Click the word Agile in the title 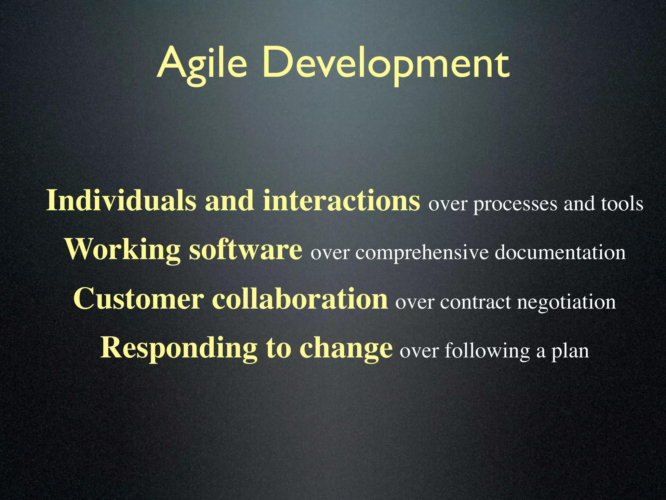tap(202, 63)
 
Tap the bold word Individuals tap(121, 201)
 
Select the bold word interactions tap(341, 201)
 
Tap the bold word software tap(246, 250)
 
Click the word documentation tap(560, 253)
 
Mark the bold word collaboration tap(300, 299)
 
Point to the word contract tap(475, 302)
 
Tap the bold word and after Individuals tap(229, 201)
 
